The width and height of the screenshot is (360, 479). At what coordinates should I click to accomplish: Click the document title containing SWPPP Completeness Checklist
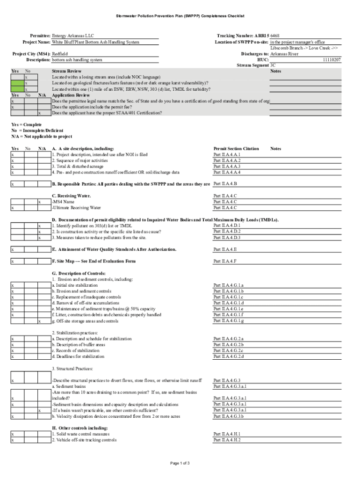tap(180, 16)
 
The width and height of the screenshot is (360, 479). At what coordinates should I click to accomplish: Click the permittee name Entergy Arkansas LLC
tap(72, 36)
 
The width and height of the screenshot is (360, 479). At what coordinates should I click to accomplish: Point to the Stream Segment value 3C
tap(274, 66)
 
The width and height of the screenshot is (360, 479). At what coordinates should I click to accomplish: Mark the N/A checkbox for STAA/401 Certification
tap(44, 113)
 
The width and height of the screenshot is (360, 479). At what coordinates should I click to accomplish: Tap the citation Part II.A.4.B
tap(225, 184)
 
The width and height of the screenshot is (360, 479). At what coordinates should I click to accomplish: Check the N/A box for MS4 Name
tap(44, 202)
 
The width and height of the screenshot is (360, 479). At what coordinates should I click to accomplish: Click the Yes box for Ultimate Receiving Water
tap(17, 208)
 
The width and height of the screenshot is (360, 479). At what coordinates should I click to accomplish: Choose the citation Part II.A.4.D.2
tap(227, 232)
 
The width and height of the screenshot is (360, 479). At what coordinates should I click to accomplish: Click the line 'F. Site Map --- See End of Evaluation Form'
tap(94, 261)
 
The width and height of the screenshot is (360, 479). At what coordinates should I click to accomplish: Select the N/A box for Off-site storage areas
tap(44, 321)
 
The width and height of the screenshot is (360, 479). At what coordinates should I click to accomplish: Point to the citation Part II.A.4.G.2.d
tap(229, 357)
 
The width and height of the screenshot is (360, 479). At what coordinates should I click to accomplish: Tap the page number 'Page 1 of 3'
tap(180, 464)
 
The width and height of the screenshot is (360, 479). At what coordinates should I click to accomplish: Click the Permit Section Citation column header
tap(236, 149)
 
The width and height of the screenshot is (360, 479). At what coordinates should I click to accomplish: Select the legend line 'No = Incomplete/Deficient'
tap(37, 131)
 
